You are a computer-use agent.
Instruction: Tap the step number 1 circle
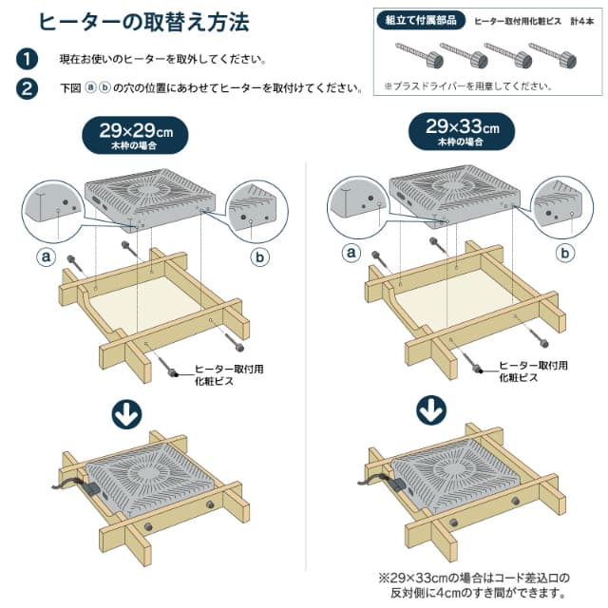(x=27, y=60)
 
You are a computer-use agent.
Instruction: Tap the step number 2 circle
(x=27, y=89)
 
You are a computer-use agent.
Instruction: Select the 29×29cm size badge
(x=140, y=134)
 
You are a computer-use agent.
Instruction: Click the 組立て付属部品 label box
(x=420, y=20)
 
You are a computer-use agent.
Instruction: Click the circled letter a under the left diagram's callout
(x=45, y=256)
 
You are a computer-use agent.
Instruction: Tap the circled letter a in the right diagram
(x=351, y=252)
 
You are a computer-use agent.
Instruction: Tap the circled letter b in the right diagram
(x=565, y=253)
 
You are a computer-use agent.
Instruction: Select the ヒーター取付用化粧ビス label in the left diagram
(x=221, y=371)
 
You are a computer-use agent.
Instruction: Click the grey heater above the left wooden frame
(x=153, y=194)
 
